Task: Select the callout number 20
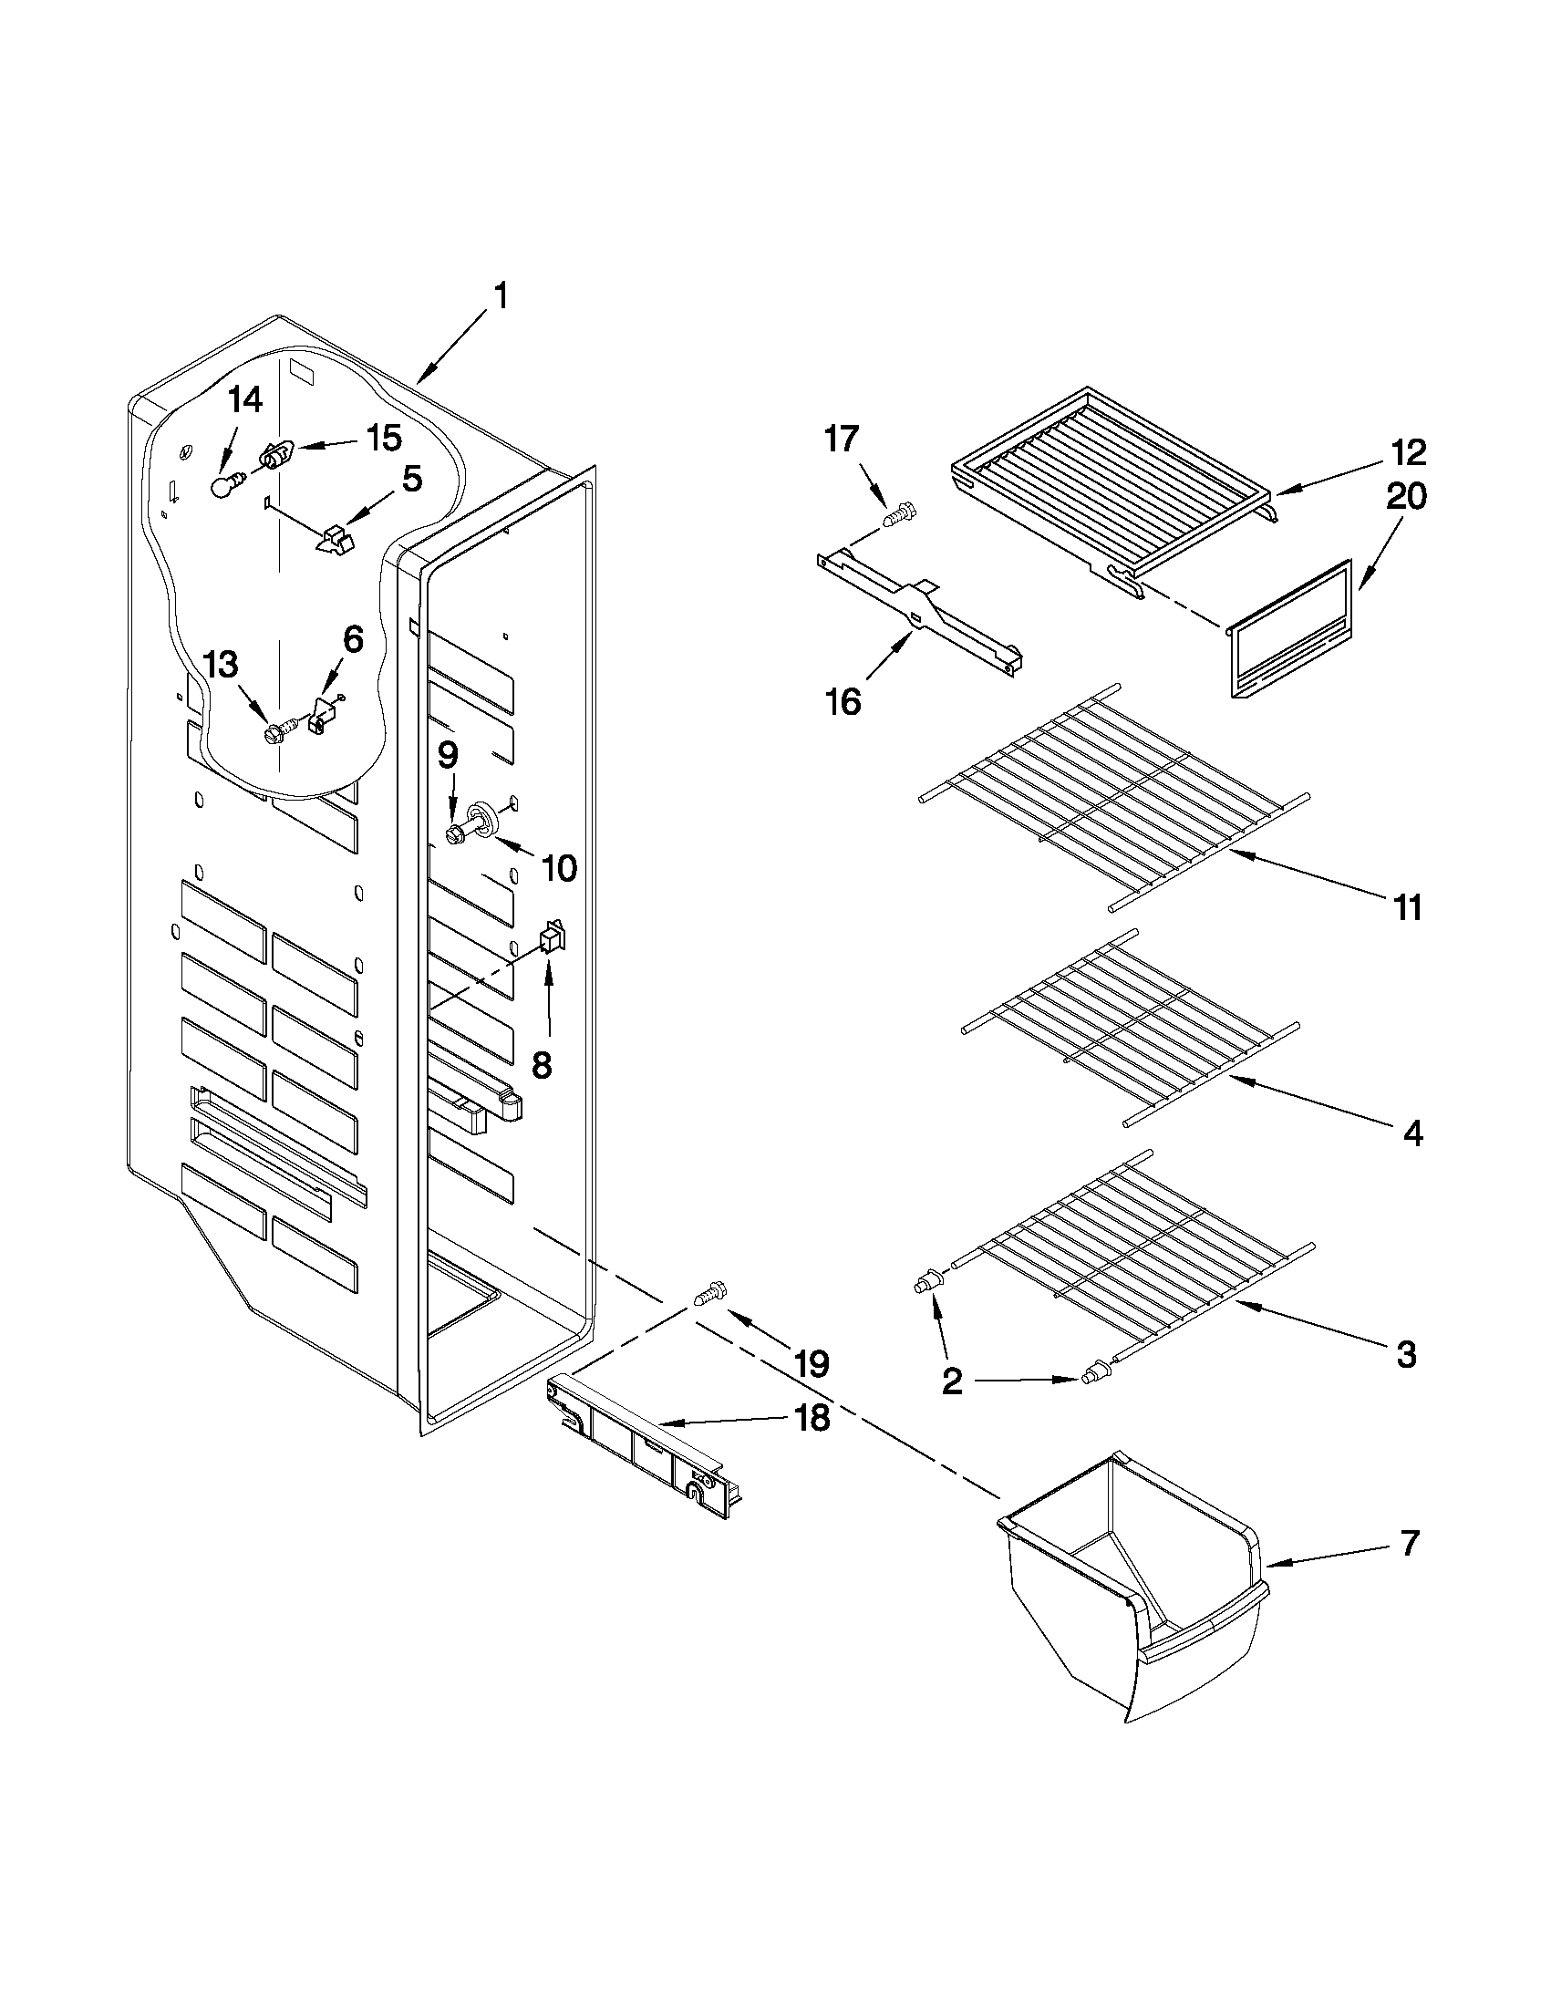coord(1406,496)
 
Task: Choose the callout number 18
coord(812,1418)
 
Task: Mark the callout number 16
coord(843,702)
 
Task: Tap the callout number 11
coord(1407,907)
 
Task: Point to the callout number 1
coord(501,298)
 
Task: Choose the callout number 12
coord(1408,452)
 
